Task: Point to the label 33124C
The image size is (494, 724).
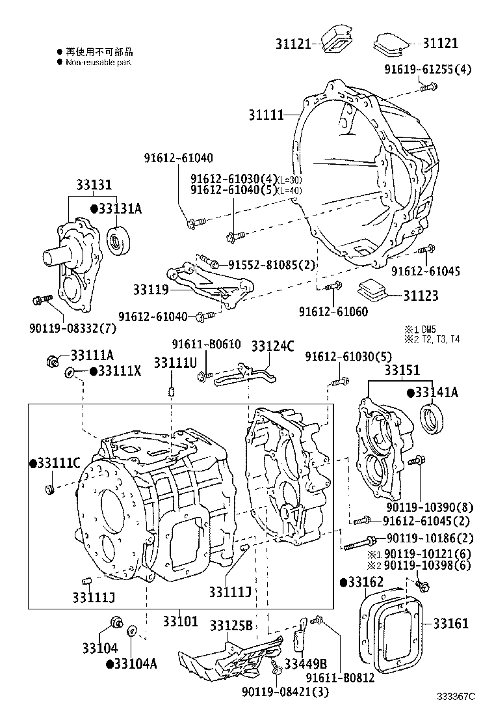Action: point(272,346)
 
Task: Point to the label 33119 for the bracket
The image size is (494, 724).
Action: point(151,288)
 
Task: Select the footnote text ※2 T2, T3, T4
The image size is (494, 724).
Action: point(432,339)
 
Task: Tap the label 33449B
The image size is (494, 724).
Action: point(304,663)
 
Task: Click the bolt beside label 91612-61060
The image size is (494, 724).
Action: point(333,287)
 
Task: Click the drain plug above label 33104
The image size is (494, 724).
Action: point(115,623)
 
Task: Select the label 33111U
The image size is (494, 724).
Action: point(175,362)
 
